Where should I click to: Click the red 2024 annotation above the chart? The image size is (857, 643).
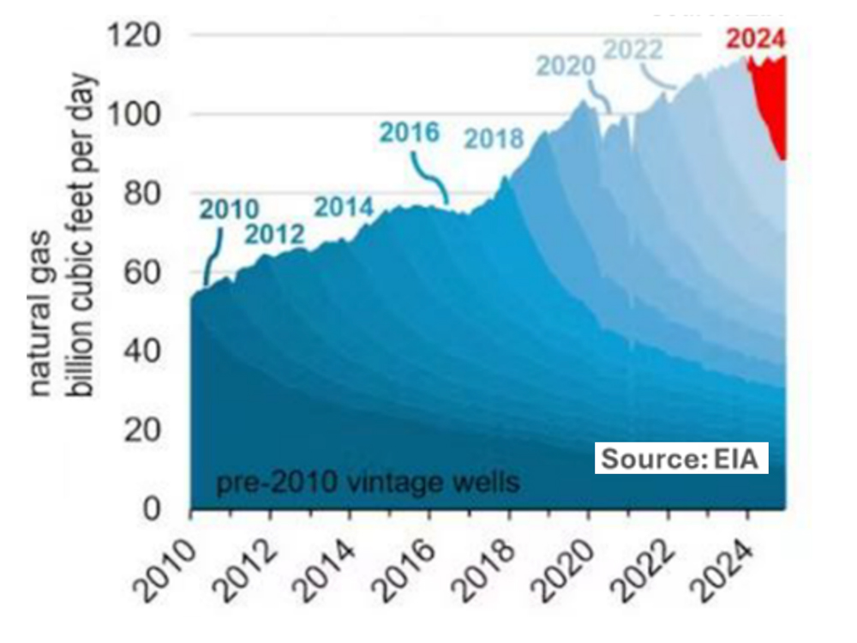pyautogui.click(x=756, y=39)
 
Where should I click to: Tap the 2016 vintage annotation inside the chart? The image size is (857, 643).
pyautogui.click(x=410, y=133)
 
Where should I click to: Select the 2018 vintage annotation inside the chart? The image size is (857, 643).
pyautogui.click(x=494, y=138)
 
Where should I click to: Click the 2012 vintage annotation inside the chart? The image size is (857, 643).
pyautogui.click(x=276, y=233)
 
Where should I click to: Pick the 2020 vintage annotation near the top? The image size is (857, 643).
pyautogui.click(x=566, y=65)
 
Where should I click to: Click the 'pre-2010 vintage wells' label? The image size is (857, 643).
pyautogui.click(x=367, y=483)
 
